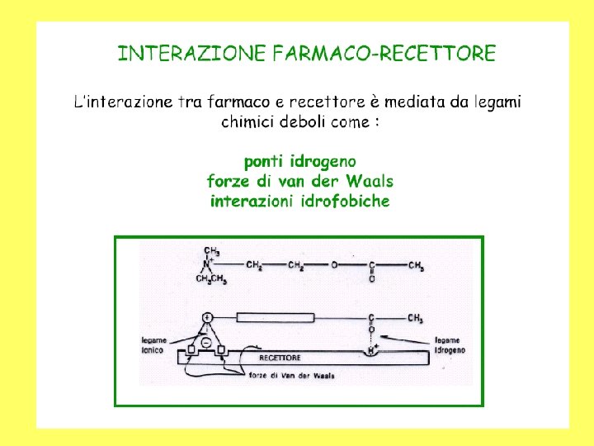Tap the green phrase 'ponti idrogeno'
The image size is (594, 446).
coord(300,162)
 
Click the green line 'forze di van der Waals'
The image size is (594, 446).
coord(300,181)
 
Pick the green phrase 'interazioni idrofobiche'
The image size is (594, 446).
coord(300,201)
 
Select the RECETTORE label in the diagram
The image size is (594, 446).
coord(280,358)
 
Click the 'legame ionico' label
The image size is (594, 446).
coord(154,345)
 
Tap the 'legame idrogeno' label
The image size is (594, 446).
coord(450,345)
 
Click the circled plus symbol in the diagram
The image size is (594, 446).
coord(207,317)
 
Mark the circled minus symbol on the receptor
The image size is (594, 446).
coord(205,342)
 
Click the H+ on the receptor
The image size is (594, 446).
coord(373,349)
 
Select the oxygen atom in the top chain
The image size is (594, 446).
coord(334,265)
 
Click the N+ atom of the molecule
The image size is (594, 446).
coord(209,264)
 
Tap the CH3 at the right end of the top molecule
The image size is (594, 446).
coord(417,265)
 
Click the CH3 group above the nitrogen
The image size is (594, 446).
coord(211,251)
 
